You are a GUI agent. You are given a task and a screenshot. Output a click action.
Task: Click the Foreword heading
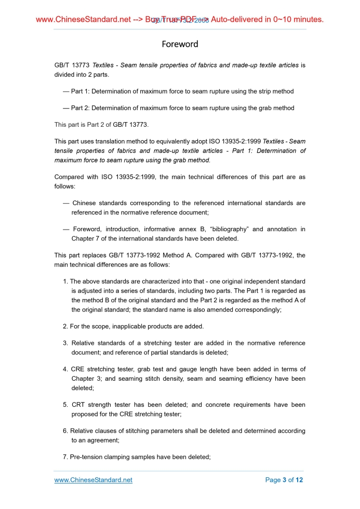coord(180,44)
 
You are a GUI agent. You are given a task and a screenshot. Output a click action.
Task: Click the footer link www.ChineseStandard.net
coord(94,480)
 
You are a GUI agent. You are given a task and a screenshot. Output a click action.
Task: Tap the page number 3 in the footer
coord(284,480)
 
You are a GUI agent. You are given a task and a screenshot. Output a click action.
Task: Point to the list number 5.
coord(65,405)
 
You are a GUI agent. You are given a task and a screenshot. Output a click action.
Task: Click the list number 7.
coord(65,457)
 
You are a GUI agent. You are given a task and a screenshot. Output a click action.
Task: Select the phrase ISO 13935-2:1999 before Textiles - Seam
coord(236,141)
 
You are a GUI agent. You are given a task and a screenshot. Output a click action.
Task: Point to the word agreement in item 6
coord(102,440)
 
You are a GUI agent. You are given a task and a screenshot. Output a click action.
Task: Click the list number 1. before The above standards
coord(65,282)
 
